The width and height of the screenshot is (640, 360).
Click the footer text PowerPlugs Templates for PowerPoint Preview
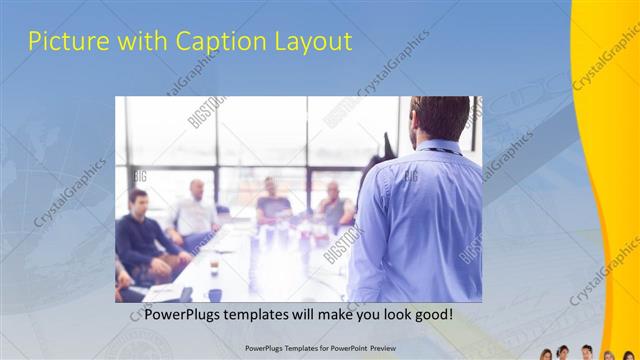point(320,350)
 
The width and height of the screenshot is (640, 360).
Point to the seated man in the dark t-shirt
point(271,204)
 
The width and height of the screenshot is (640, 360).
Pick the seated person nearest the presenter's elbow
point(334,206)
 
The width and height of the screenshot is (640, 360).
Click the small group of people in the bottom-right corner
point(590,353)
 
